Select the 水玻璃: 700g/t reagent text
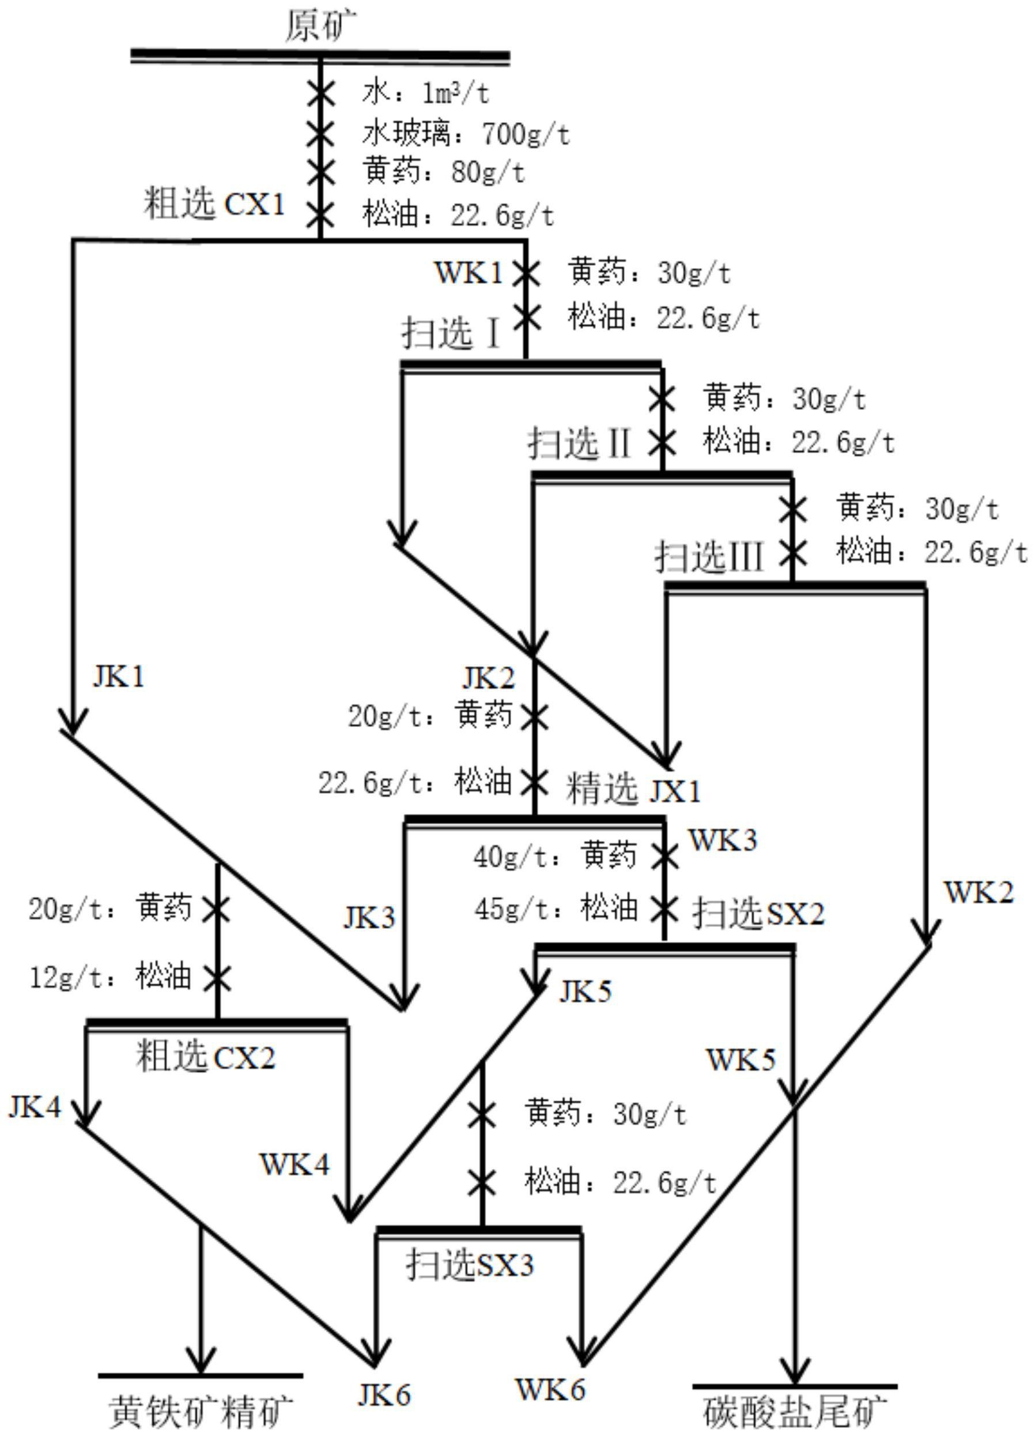point(466,134)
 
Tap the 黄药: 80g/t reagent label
point(443,172)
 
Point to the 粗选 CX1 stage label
point(214,204)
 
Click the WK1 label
point(468,273)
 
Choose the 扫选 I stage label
point(451,333)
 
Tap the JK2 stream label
point(488,678)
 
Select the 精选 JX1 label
point(633,790)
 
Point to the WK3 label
point(722,840)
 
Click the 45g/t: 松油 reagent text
point(556,909)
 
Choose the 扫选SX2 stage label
point(758,914)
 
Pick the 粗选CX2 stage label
point(206,1057)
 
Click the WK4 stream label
point(294,1164)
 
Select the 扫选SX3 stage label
point(470,1264)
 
